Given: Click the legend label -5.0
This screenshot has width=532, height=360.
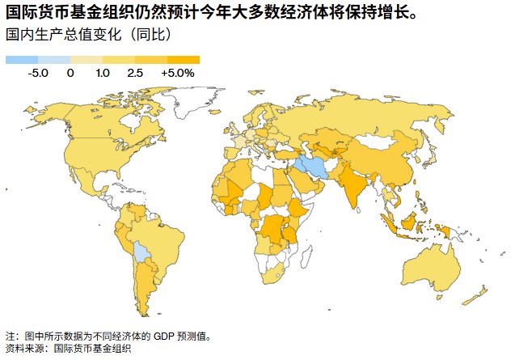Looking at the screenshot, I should click(38, 73).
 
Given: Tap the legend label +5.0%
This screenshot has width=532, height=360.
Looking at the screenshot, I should click(178, 73).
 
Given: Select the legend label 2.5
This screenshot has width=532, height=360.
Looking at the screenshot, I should click(134, 73).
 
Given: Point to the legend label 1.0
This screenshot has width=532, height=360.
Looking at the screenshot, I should click(103, 73).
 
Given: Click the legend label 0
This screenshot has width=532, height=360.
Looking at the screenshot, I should click(70, 73).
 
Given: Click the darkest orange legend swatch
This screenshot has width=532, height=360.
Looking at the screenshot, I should click(183, 60).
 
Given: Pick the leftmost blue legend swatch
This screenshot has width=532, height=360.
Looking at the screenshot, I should click(22, 60).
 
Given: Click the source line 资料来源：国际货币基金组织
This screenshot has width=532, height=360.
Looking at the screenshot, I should click(68, 349).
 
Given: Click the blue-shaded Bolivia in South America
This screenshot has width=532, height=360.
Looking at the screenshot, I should click(142, 252).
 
